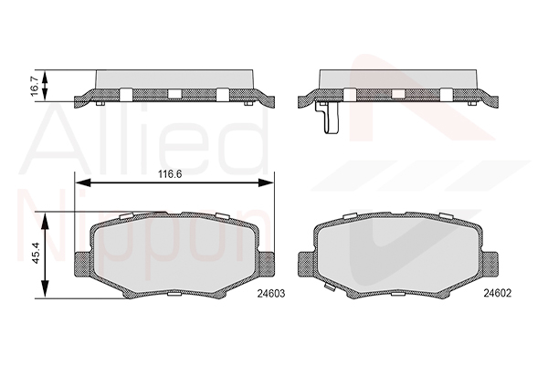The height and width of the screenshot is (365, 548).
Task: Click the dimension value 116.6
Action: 170,174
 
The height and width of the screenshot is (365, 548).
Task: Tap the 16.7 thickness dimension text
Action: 35,86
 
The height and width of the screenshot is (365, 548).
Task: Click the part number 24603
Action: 271,294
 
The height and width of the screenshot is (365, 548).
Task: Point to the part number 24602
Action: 498,294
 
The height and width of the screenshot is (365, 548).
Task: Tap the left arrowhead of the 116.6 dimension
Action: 83,182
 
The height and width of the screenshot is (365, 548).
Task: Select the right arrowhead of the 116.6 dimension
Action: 266,182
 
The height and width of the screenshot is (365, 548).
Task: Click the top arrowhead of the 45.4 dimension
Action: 45,221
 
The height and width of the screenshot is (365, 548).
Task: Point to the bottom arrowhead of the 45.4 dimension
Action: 45,289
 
